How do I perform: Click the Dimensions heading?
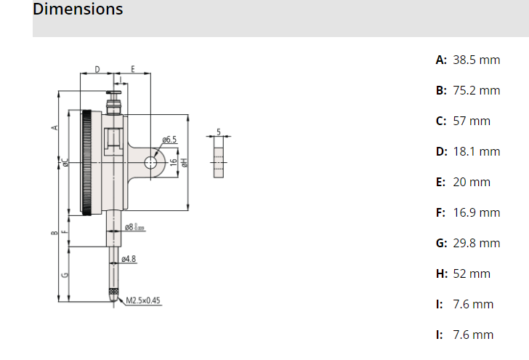click(78, 9)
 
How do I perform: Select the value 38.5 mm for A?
click(476, 60)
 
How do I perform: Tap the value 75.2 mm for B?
click(476, 90)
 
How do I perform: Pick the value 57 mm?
click(472, 121)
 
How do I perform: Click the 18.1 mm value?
click(476, 151)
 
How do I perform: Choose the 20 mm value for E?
click(472, 182)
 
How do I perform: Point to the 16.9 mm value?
click(476, 212)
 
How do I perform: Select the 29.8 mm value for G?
click(476, 243)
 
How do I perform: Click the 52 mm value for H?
click(472, 273)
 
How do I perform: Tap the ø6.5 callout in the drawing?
click(169, 139)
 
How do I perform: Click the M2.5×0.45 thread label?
click(143, 300)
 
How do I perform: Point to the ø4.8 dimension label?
click(129, 259)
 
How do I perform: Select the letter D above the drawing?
click(97, 69)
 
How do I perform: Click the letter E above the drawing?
click(133, 69)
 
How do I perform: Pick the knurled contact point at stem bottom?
click(113, 294)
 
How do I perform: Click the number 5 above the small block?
click(219, 132)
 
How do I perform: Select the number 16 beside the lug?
click(173, 163)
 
